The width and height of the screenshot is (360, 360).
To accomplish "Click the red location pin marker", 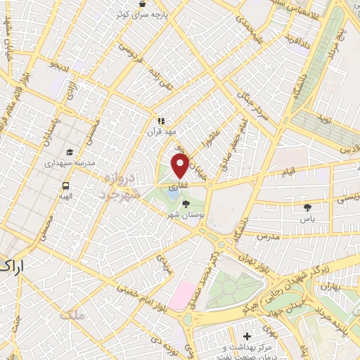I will coord(180,166).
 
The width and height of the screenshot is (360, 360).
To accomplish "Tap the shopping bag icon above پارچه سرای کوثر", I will coord(143,4).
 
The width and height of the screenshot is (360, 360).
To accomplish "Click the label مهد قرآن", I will coord(159,131).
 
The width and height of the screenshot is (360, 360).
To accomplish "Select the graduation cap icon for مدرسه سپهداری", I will coord(70,152).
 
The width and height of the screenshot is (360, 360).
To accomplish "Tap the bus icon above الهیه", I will coord(65,187).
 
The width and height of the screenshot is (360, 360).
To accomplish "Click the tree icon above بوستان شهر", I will coord(186,205).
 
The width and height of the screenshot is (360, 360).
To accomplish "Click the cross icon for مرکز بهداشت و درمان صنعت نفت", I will coord(246,337).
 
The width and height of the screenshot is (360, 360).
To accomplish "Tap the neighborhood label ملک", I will coord(72,315).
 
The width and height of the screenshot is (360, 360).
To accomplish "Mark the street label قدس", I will coord(347,150).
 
